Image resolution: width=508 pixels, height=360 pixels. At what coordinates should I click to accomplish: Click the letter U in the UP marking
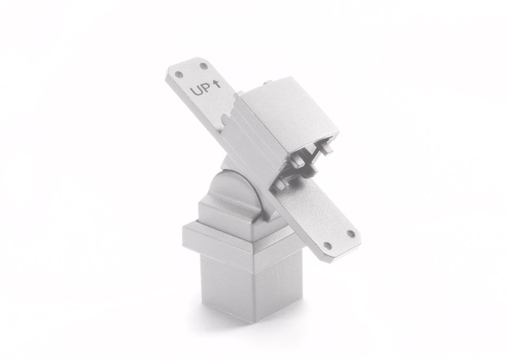coord(196,91)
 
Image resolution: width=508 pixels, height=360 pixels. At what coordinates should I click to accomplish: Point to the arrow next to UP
coord(217,84)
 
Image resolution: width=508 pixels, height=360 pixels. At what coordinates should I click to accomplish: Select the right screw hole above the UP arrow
coord(203,66)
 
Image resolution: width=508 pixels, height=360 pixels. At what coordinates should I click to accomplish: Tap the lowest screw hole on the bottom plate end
coord(328,245)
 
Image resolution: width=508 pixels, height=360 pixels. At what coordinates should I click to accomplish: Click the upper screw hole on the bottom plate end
coord(350,233)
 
